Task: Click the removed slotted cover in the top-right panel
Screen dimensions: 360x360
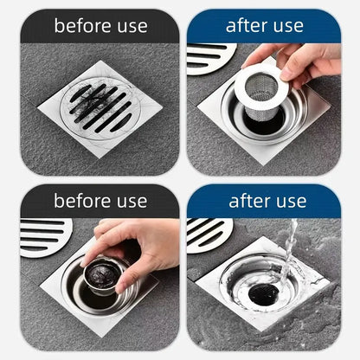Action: point(209,57)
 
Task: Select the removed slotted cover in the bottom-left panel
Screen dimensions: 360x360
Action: point(44,235)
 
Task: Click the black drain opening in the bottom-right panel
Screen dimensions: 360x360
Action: point(264,293)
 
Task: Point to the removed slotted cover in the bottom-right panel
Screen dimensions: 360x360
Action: point(209,233)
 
